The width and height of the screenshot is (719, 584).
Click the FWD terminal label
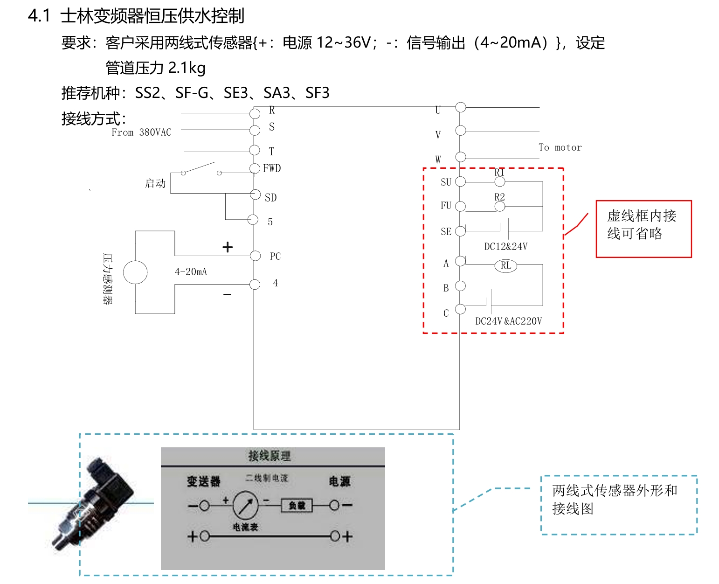tap(272, 168)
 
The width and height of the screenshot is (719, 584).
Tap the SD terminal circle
tap(255, 194)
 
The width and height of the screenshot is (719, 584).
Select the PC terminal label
tap(275, 257)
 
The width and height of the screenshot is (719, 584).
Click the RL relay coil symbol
tap(506, 266)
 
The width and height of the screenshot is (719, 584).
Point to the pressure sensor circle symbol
tap(135, 272)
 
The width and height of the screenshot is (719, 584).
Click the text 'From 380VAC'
tap(141, 132)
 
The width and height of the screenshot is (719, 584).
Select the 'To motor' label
tap(560, 147)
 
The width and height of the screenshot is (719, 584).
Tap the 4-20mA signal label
tap(191, 272)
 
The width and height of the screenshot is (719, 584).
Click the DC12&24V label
tap(506, 247)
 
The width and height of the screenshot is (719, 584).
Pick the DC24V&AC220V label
tap(508, 321)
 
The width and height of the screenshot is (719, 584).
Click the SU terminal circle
tap(460, 181)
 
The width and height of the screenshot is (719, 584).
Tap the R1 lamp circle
tap(500, 181)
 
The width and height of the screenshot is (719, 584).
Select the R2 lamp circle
tap(500, 206)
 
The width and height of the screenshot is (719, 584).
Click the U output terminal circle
tap(461, 107)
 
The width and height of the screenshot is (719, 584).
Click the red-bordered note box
tap(643, 229)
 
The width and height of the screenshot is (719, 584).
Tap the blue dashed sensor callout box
tap(619, 505)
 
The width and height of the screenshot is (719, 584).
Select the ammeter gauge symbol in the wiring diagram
tap(245, 505)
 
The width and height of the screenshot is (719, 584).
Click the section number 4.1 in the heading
tap(39, 16)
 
